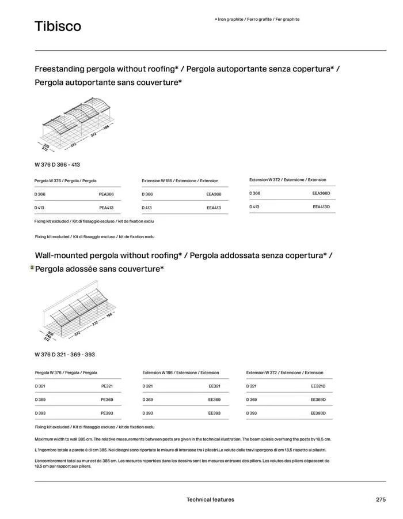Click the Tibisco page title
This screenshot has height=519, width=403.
tap(58, 27)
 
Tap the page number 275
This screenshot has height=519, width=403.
tap(381, 499)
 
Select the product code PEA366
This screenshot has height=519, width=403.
tap(107, 194)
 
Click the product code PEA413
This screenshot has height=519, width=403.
tap(107, 208)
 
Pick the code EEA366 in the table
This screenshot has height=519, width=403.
tap(214, 194)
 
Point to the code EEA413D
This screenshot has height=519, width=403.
tap(321, 206)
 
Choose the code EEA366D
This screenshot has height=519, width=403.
tap(321, 193)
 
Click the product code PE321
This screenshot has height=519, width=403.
tap(107, 386)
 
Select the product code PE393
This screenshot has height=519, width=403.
tap(107, 413)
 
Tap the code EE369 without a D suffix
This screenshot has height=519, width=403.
tap(214, 399)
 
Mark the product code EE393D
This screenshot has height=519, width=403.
tap(318, 413)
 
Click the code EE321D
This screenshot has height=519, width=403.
tap(318, 386)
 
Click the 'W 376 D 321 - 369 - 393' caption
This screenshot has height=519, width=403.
tap(65, 355)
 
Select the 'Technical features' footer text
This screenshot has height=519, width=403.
tap(210, 499)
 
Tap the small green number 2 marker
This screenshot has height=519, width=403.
tap(32, 268)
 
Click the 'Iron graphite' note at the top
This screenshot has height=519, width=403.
tap(257, 19)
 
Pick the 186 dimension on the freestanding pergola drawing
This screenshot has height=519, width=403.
tap(107, 127)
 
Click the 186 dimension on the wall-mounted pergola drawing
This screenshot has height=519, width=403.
tap(109, 315)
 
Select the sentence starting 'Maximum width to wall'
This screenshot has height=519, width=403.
tap(183, 439)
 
